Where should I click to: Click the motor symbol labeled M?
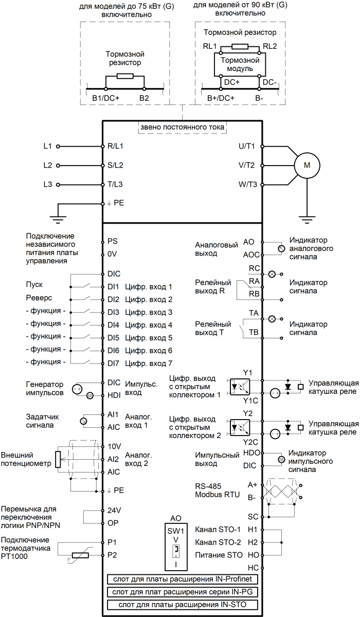click(307, 166)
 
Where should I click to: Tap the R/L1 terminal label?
click(116, 146)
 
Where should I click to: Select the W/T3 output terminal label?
click(248, 184)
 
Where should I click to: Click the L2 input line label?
click(48, 166)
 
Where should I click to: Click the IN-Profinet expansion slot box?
click(182, 579)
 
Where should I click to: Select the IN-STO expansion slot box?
click(182, 604)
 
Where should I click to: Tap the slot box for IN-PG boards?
click(182, 591)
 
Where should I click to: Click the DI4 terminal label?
click(114, 325)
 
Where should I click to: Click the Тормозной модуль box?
click(237, 64)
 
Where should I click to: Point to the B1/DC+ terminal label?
click(106, 97)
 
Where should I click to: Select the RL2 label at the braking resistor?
click(269, 45)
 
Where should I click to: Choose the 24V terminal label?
click(114, 512)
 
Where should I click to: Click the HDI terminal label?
click(114, 395)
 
